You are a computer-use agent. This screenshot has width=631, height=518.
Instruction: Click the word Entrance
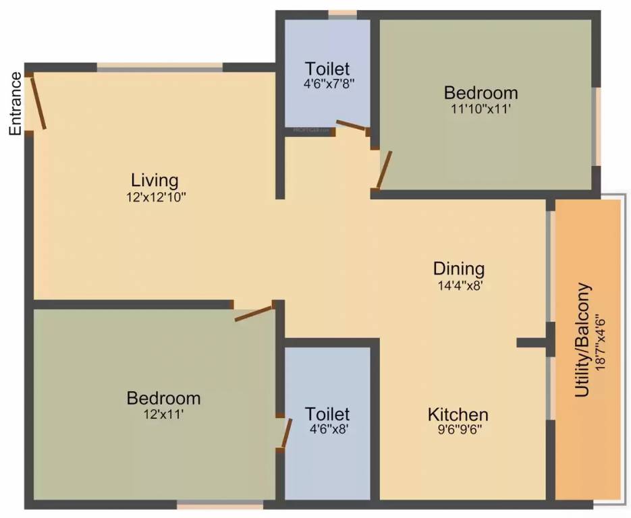tap(16, 103)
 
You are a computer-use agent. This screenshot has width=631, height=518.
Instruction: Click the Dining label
tap(459, 268)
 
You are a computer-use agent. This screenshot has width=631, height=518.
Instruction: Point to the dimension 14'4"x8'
tap(459, 285)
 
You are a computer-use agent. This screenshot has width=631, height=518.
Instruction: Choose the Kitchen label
tap(458, 414)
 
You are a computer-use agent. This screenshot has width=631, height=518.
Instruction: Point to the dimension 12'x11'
tap(163, 415)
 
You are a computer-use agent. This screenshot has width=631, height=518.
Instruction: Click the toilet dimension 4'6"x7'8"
tap(327, 85)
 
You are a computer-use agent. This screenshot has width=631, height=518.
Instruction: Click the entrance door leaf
tap(38, 102)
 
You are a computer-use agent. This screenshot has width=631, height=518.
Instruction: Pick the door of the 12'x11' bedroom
tap(254, 313)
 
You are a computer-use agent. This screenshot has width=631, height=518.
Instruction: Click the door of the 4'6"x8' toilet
tap(286, 434)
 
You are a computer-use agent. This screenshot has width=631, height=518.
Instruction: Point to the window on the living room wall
tap(159, 67)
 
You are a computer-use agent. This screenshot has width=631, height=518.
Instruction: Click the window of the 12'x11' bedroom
tap(220, 504)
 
